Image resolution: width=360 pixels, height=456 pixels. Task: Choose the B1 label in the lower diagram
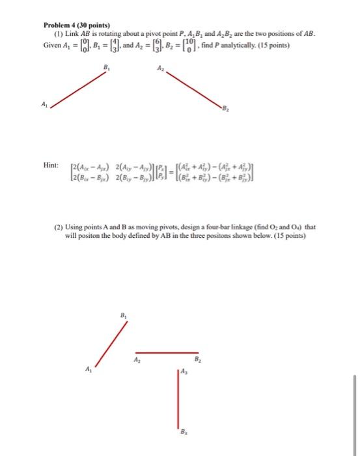coord(124,315)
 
